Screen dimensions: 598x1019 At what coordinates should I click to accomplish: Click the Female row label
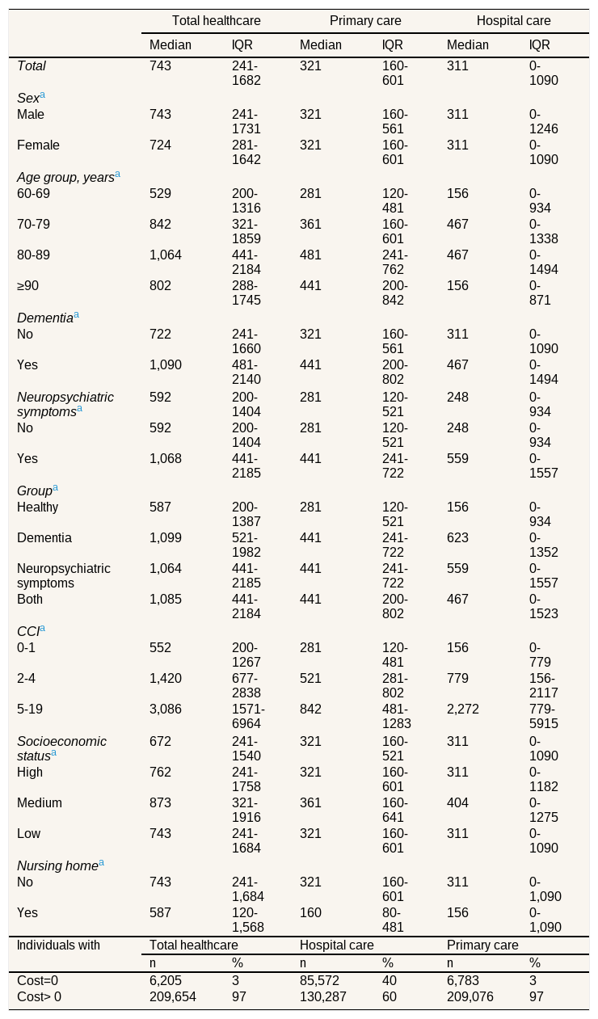pos(38,145)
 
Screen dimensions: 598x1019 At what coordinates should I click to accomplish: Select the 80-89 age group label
pos(33,255)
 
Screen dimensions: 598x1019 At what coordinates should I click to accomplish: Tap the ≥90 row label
pos(27,286)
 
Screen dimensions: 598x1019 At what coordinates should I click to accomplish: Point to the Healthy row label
pos(37,507)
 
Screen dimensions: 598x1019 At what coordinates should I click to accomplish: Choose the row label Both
pos(30,599)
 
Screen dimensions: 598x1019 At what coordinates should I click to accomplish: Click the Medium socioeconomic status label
pos(40,803)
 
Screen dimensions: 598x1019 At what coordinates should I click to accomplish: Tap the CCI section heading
pos(31,631)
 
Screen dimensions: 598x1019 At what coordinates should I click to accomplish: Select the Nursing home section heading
pos(60,865)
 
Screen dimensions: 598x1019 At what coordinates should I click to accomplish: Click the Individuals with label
pos(58,945)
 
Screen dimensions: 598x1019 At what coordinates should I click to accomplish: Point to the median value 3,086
pos(166,710)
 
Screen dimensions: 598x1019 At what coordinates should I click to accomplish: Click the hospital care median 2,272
pos(462,710)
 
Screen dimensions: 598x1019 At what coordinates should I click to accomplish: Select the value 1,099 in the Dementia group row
pos(166,537)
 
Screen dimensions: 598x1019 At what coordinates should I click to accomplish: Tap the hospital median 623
pos(457,537)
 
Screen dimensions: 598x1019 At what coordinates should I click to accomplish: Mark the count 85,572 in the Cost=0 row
pos(319,980)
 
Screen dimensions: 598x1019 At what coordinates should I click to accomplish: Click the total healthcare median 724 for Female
pos(160,145)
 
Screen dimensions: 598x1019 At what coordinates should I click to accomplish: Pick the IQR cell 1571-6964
pos(248,717)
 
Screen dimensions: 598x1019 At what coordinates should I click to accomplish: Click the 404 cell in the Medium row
pos(457,803)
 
